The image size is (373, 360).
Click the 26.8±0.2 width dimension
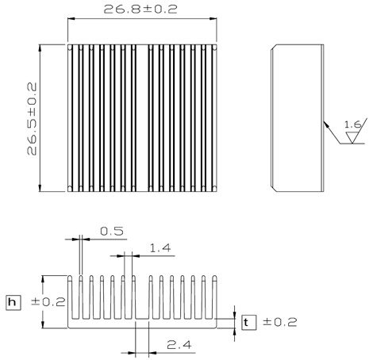(x=140, y=10)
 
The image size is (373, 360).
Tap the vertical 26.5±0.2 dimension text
(x=32, y=119)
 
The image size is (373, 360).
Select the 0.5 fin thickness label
(x=112, y=232)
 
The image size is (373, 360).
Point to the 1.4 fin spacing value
(x=160, y=248)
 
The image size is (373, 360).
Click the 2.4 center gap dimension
(x=179, y=345)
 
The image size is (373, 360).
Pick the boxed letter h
(x=13, y=302)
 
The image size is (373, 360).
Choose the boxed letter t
(x=249, y=323)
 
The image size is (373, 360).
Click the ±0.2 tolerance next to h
(x=48, y=302)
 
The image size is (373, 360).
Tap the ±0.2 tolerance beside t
(x=280, y=322)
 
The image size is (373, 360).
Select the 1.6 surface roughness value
(x=352, y=124)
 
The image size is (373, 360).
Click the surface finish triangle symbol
(x=352, y=137)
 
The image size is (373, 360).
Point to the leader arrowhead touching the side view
(x=327, y=124)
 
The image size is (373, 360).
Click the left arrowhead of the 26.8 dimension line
(x=71, y=19)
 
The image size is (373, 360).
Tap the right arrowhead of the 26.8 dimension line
(x=213, y=19)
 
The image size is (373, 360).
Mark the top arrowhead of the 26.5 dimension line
(x=40, y=48)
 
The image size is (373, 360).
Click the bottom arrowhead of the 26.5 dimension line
(x=40, y=188)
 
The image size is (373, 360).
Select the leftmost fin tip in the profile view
(x=70, y=278)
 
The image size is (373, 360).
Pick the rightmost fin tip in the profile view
(x=214, y=278)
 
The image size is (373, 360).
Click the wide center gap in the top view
(x=142, y=118)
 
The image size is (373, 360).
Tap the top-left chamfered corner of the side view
(x=274, y=47)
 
